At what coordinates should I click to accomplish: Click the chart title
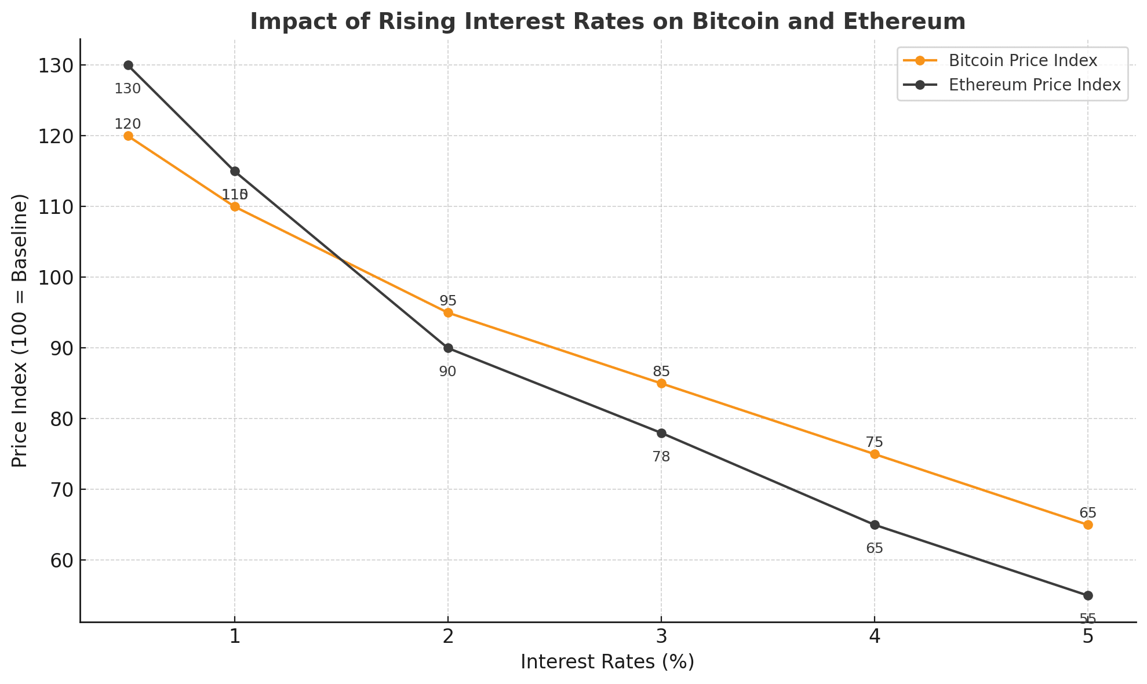pyautogui.click(x=607, y=22)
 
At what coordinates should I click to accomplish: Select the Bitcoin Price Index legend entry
pyautogui.click(x=1022, y=60)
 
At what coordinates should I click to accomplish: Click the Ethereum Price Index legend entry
pyautogui.click(x=1034, y=85)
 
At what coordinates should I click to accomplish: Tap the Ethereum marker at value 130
pyautogui.click(x=128, y=66)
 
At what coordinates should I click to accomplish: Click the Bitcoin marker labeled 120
pyautogui.click(x=128, y=136)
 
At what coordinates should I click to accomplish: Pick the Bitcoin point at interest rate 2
pyautogui.click(x=448, y=313)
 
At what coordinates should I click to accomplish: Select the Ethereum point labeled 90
pyautogui.click(x=448, y=348)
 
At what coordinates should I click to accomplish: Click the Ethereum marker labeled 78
pyautogui.click(x=661, y=433)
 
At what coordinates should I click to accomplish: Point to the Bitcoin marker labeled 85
pyautogui.click(x=661, y=384)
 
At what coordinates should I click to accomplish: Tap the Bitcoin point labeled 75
pyautogui.click(x=875, y=454)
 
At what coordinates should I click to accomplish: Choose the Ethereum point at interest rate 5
pyautogui.click(x=1088, y=596)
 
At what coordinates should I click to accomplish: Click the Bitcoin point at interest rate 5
pyautogui.click(x=1088, y=525)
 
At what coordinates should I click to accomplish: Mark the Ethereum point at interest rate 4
pyautogui.click(x=875, y=525)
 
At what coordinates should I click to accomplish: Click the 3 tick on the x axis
pyautogui.click(x=661, y=637)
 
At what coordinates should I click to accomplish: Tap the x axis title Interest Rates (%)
pyautogui.click(x=607, y=662)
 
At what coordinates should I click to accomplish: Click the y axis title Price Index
pyautogui.click(x=20, y=330)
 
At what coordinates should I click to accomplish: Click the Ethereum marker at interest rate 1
pyautogui.click(x=235, y=172)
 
